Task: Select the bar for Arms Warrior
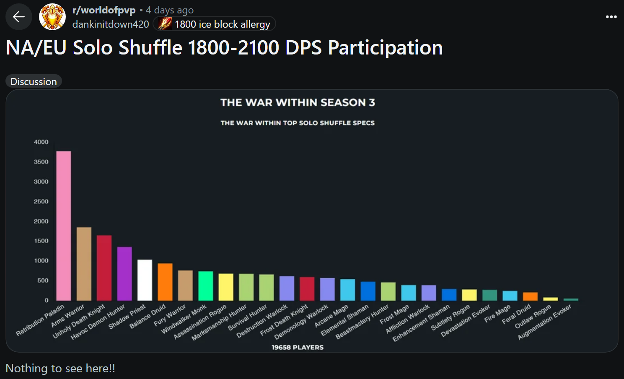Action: [x=84, y=264]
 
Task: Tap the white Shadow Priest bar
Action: [x=145, y=280]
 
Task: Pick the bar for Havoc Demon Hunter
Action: [x=124, y=274]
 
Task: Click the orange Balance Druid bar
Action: [x=165, y=282]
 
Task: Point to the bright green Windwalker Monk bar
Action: [x=206, y=286]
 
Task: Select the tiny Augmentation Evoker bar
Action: [x=571, y=299]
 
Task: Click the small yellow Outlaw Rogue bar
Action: [x=550, y=299]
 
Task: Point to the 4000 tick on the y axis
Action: [x=41, y=142]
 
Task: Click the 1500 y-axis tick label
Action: [x=41, y=241]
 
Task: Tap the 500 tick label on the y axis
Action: [x=43, y=280]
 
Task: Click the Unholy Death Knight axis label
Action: [x=80, y=322]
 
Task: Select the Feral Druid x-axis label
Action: [x=517, y=314]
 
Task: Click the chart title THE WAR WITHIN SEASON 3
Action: [x=298, y=103]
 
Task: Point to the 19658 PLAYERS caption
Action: [x=298, y=347]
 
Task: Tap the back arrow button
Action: [x=19, y=17]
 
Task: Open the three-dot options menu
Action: [x=611, y=17]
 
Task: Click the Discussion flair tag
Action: [x=34, y=81]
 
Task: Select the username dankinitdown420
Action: [x=111, y=24]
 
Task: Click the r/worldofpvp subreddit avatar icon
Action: [x=52, y=17]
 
